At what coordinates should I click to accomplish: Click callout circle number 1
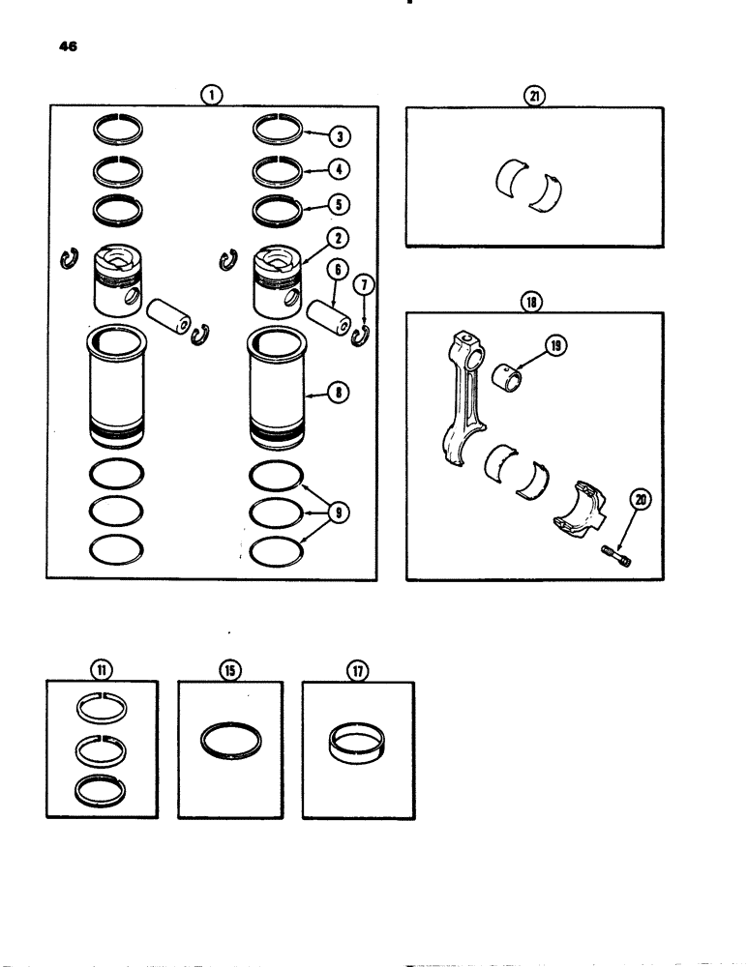coord(212,94)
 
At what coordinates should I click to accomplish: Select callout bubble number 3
coord(340,135)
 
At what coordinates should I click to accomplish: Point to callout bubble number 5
coord(340,205)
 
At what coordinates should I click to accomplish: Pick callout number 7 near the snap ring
coord(363,285)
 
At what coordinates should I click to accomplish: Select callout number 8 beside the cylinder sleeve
coord(340,395)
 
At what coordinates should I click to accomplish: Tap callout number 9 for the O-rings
coord(340,514)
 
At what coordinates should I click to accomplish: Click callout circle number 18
coord(534,301)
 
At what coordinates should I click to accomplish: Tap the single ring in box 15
coord(230,741)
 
